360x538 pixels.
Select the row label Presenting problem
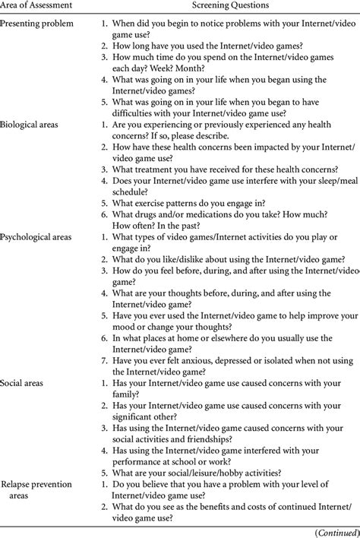click(37, 24)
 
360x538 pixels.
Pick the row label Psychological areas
click(37, 237)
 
